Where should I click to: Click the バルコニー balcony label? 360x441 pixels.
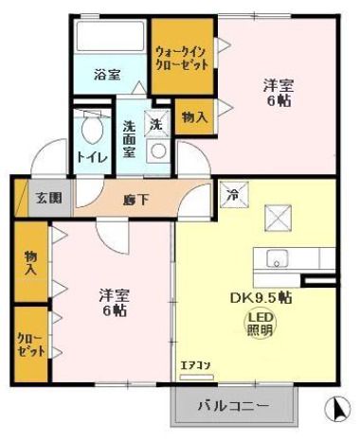pos(233,407)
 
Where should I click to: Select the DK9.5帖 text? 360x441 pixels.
pos(259,296)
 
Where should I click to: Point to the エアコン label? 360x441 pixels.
pos(193,363)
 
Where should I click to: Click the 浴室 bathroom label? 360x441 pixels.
pos(106,75)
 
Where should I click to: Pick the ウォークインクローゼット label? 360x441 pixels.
pos(181,58)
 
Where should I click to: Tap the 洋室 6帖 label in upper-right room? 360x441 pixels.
pos(277,92)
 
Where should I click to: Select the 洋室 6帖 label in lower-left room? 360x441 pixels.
pos(113,302)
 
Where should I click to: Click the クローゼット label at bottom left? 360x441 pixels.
pos(29,344)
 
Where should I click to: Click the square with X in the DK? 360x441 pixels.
pos(278,219)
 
